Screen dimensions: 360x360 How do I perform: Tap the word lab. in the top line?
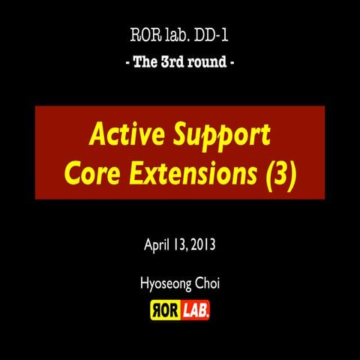[177, 37]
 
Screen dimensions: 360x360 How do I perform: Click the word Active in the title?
[118, 136]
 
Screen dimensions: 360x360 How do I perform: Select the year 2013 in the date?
[205, 245]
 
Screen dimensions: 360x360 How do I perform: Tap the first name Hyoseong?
[165, 285]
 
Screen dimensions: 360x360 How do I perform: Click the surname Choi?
[207, 284]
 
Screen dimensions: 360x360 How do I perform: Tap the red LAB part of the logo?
[195, 309]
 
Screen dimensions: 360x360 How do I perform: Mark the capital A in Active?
[97, 136]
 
